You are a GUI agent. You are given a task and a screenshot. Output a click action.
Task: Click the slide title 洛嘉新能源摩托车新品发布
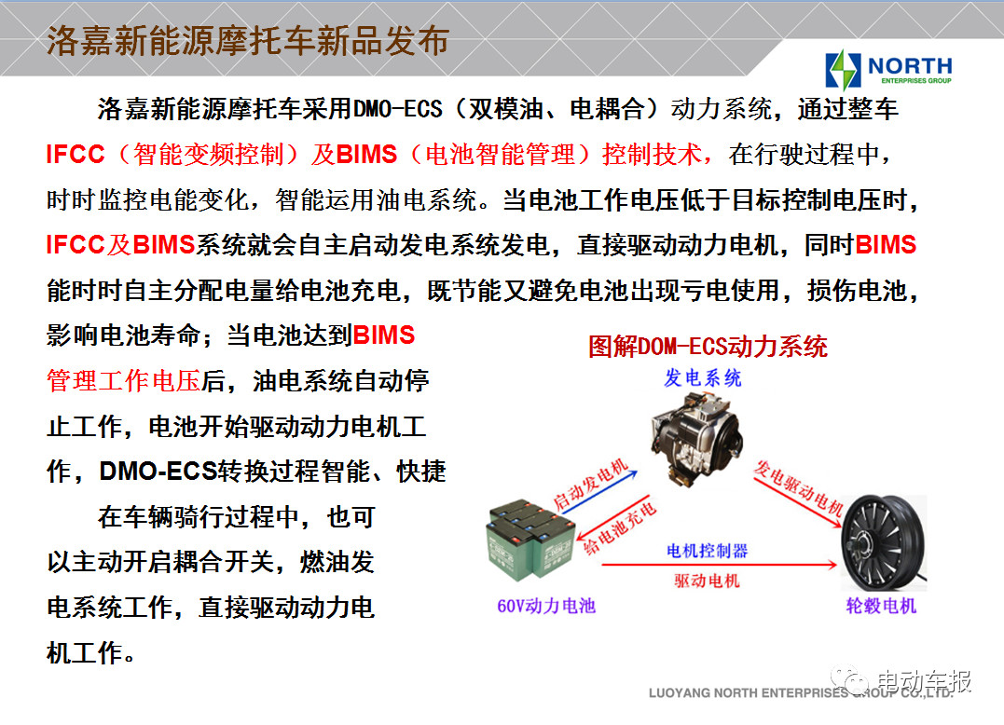click(x=247, y=42)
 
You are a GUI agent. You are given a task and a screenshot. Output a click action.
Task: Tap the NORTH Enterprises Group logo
click(x=888, y=69)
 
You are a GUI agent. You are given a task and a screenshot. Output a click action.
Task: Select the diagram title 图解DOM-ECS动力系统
click(x=708, y=346)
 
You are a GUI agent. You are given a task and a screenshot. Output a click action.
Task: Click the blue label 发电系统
click(x=702, y=377)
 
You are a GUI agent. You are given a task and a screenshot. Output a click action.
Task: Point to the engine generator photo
click(x=697, y=435)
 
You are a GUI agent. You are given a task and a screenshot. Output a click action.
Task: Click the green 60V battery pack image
click(x=531, y=539)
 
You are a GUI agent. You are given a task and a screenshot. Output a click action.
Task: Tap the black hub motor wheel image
click(x=883, y=541)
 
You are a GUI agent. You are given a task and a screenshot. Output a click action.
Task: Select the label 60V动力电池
click(x=546, y=606)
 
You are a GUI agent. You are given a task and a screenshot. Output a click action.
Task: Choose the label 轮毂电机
click(x=881, y=606)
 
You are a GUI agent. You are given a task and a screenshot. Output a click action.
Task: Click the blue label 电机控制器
click(x=707, y=551)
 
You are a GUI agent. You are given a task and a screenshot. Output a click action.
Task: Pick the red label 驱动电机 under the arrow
click(x=707, y=581)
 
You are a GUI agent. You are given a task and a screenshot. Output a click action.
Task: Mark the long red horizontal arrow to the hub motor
click(x=720, y=565)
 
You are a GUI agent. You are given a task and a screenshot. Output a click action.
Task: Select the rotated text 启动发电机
click(x=590, y=485)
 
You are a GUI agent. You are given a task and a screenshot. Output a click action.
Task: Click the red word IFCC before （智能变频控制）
click(x=75, y=154)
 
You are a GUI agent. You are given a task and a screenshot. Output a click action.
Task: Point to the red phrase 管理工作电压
click(x=124, y=381)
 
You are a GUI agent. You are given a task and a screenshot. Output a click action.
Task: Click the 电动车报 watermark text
click(x=924, y=681)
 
